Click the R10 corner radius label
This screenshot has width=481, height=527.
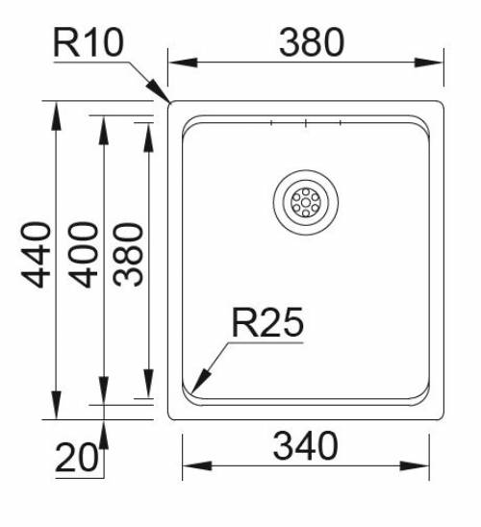point(89,43)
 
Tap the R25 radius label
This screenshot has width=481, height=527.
point(266,323)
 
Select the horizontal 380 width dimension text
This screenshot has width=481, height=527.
point(311,42)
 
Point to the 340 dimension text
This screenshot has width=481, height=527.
point(305,446)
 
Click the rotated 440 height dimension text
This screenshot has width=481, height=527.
point(37,254)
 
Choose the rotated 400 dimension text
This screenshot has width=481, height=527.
point(85,254)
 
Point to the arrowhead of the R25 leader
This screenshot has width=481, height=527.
point(195,389)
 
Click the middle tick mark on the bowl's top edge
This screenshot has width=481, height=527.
point(305,123)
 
